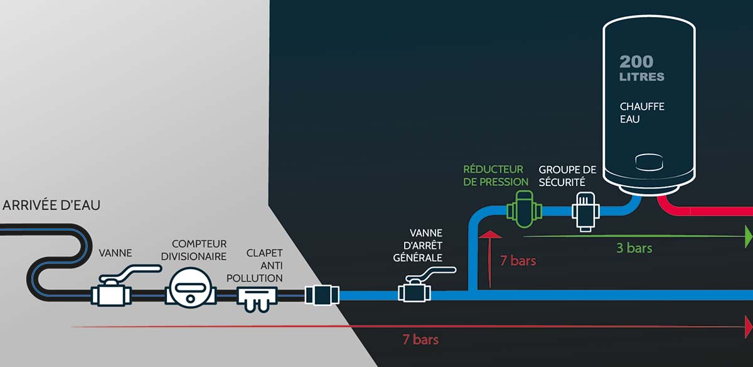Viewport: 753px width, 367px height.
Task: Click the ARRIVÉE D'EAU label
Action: tap(51, 205)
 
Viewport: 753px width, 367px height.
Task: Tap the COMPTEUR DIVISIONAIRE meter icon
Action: tap(189, 290)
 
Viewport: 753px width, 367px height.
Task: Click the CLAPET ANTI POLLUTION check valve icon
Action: tap(257, 296)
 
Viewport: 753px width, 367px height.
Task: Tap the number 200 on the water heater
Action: tap(636, 62)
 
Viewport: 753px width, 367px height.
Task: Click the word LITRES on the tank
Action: tap(641, 77)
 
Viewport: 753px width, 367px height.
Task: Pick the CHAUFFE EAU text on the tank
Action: tap(641, 112)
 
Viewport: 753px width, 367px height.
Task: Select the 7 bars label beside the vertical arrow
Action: tap(518, 260)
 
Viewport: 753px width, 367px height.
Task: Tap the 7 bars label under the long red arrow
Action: tap(420, 340)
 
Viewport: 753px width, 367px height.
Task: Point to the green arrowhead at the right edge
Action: tap(748, 236)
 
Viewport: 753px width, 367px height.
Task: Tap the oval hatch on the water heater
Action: tap(648, 162)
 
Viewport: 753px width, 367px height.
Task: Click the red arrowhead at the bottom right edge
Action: tap(748, 327)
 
